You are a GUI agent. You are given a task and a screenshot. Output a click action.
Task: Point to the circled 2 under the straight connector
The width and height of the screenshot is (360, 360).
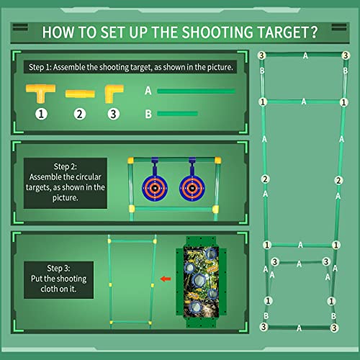(x=79, y=113)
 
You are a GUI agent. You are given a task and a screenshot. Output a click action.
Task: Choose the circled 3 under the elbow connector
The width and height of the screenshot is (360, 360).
(x=113, y=113)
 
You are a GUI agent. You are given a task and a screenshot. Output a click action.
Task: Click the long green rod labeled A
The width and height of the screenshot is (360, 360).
(x=196, y=91)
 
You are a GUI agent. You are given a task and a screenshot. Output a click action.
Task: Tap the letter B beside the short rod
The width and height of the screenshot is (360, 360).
(x=148, y=113)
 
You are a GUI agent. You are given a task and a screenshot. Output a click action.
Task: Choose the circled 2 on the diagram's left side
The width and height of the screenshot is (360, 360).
(x=266, y=179)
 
